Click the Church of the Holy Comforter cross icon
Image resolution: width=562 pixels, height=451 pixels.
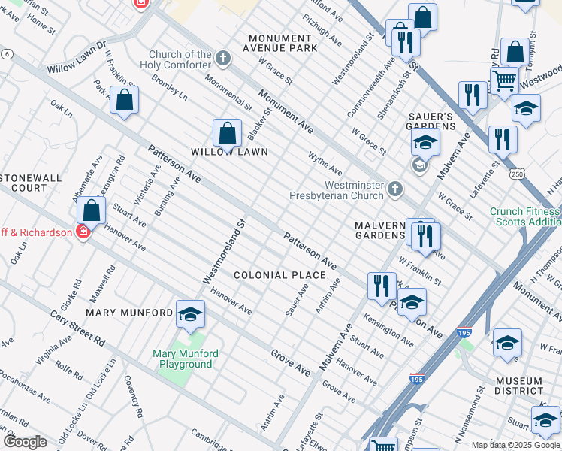[222, 58]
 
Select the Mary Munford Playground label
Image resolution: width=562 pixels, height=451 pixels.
[185, 359]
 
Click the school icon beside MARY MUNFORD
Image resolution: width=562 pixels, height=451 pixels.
[191, 316]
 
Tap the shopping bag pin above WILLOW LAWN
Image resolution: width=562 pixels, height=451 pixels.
[227, 134]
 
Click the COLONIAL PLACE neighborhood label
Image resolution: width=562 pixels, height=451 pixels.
[279, 275]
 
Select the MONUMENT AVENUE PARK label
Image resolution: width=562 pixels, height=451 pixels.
[285, 43]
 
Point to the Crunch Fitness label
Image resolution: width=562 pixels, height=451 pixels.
[524, 212]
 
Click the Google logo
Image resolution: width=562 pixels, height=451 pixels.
[25, 441]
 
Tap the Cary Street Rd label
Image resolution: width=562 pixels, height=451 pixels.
[77, 328]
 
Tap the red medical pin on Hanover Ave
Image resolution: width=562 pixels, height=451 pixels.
[83, 232]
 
